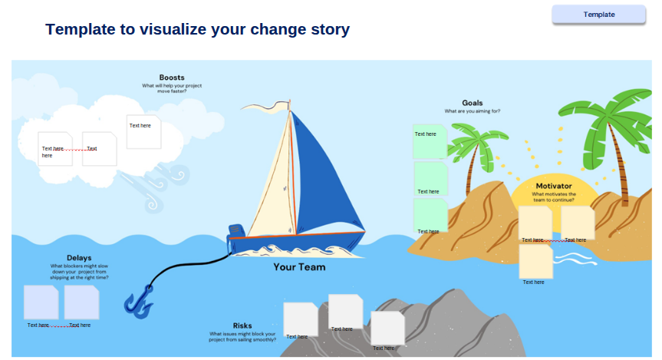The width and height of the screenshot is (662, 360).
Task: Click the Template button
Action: [x=598, y=15]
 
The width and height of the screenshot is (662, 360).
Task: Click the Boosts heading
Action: [x=172, y=78]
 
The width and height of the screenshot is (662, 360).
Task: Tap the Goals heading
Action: [x=472, y=103]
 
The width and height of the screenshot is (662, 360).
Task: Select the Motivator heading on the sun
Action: [x=554, y=186]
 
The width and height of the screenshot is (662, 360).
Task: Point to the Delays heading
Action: [x=79, y=258]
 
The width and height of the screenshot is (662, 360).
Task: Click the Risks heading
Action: [x=242, y=325]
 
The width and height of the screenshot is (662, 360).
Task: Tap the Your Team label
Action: [x=299, y=267]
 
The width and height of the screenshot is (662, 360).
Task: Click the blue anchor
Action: [x=139, y=302]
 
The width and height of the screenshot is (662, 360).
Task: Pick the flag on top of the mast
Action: [x=265, y=107]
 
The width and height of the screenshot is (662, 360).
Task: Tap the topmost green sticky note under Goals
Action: [x=430, y=140]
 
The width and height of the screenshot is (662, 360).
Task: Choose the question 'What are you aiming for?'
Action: [x=472, y=111]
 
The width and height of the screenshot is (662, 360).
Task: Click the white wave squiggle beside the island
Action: [x=575, y=259]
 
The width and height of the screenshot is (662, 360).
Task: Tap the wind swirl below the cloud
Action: [x=156, y=188]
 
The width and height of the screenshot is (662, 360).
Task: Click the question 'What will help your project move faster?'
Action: [x=172, y=88]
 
